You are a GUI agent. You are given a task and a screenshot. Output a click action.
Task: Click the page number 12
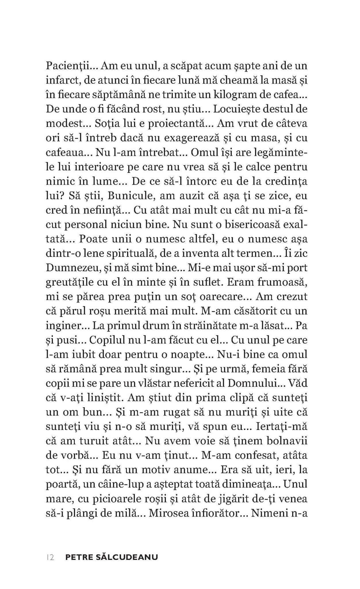point(50,557)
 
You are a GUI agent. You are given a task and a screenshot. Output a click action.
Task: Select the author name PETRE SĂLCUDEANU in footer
point(112,557)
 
